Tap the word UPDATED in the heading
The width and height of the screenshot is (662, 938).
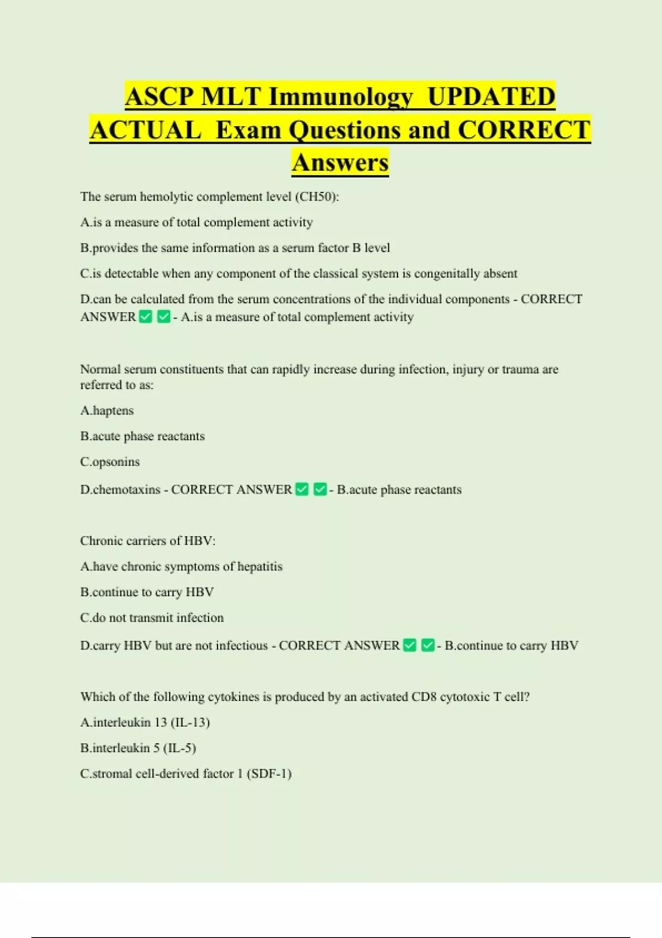pos(491,97)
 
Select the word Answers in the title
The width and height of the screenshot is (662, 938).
pos(340,162)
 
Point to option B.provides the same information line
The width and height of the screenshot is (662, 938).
pos(235,248)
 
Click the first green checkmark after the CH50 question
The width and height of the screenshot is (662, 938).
pos(146,317)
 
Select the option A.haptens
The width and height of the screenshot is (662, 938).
pos(107,411)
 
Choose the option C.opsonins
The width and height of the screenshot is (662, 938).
pos(110,462)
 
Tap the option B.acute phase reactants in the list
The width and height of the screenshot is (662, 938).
pos(142,436)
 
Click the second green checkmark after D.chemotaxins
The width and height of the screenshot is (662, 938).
pos(320,489)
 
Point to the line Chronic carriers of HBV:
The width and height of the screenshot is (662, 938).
pos(148,541)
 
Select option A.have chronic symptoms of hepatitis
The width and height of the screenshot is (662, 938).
pos(181,567)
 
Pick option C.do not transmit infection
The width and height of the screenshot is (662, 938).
pos(152,618)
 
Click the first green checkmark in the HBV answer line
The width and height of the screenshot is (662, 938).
pos(410,645)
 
